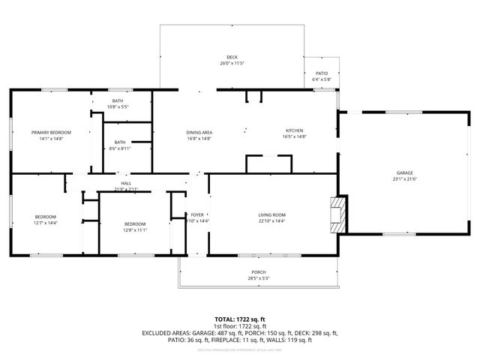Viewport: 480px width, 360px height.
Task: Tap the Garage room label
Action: click(x=404, y=172)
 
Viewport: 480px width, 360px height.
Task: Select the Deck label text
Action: click(x=232, y=57)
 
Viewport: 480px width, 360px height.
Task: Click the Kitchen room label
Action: click(x=295, y=130)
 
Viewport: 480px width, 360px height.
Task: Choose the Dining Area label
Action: click(x=199, y=132)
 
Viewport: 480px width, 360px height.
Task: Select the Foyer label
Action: click(x=197, y=215)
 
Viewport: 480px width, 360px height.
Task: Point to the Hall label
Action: click(x=126, y=182)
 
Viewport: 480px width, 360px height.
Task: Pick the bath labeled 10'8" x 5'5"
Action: click(x=118, y=107)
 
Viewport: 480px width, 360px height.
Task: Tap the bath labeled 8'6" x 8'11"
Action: click(x=120, y=148)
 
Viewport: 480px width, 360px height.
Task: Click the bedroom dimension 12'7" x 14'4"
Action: click(x=45, y=223)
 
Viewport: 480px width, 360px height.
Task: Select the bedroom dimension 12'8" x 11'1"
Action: click(x=135, y=230)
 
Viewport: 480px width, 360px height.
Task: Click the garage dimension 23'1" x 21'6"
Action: click(x=404, y=179)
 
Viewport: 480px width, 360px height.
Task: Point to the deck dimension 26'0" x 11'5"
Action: click(x=232, y=64)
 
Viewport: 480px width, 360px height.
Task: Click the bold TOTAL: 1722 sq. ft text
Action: click(x=240, y=319)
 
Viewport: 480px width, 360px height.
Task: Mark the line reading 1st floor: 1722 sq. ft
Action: click(x=240, y=326)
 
